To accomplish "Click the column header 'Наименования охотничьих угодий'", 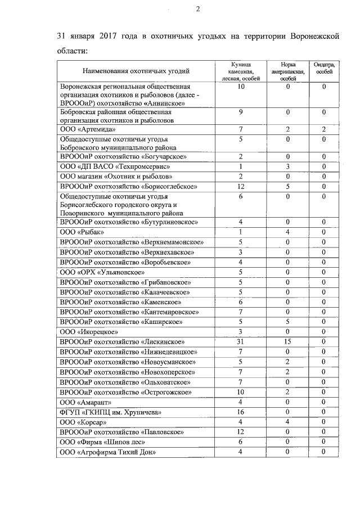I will click(136, 71).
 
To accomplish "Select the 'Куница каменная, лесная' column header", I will click(240, 71).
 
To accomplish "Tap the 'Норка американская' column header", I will click(287, 71).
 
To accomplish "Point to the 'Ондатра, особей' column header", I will click(324, 68).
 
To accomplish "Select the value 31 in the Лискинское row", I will click(240, 341).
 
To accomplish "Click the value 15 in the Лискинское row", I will click(287, 341).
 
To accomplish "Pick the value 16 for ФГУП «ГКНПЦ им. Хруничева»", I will click(240, 412).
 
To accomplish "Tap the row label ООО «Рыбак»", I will click(82, 232).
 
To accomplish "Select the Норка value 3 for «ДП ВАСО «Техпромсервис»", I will click(287, 166).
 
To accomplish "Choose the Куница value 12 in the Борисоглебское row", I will click(240, 187).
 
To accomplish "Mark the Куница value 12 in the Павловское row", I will click(240, 432).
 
